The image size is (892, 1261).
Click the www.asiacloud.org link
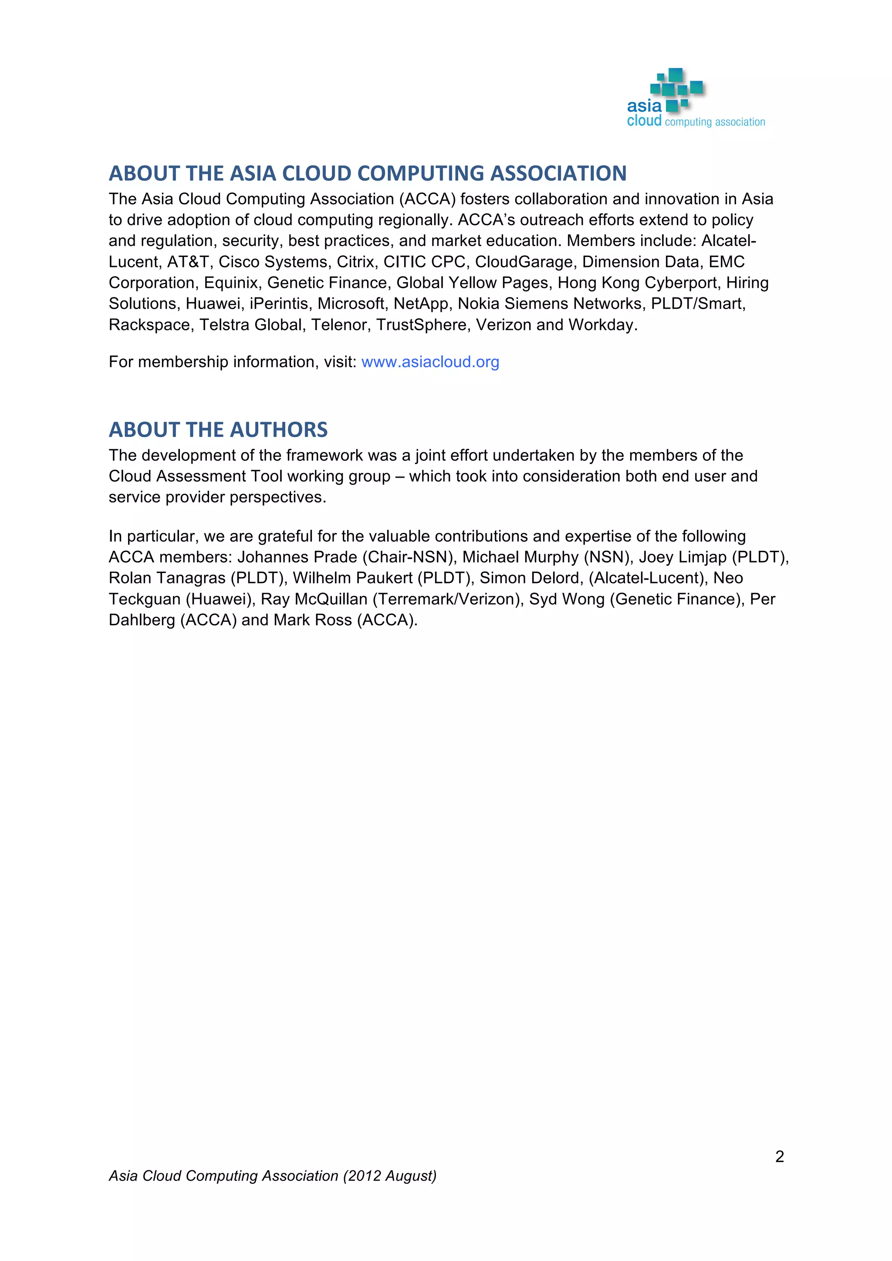click(x=430, y=362)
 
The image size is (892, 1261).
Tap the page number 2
click(x=779, y=1156)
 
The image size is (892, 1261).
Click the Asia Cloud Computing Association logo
click(x=696, y=99)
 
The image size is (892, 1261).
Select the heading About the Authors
click(x=218, y=429)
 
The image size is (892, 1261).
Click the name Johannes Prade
click(x=297, y=557)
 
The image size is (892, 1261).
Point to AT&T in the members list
click(x=187, y=262)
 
